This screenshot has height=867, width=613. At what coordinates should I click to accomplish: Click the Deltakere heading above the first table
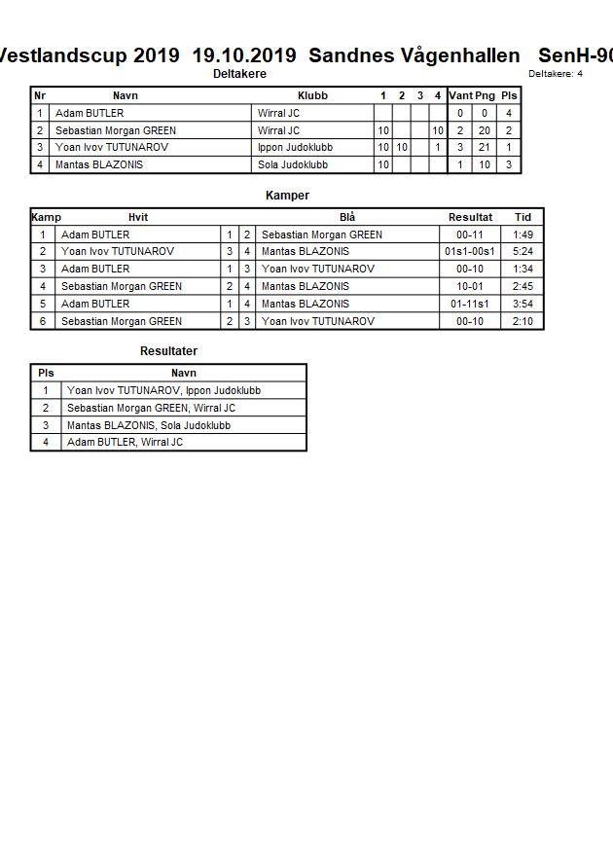pyautogui.click(x=239, y=74)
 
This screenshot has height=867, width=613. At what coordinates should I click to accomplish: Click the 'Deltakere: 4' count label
pyautogui.click(x=556, y=74)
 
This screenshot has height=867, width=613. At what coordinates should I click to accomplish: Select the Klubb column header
pyautogui.click(x=312, y=95)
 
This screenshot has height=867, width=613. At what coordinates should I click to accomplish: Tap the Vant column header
pyautogui.click(x=460, y=95)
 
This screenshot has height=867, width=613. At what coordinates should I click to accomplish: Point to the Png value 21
pyautogui.click(x=485, y=147)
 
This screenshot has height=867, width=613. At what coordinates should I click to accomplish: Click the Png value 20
pyautogui.click(x=485, y=130)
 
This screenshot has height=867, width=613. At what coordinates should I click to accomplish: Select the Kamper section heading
pyautogui.click(x=287, y=196)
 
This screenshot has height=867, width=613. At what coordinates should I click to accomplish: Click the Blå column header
pyautogui.click(x=347, y=217)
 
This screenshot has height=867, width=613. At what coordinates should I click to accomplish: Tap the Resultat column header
pyautogui.click(x=470, y=217)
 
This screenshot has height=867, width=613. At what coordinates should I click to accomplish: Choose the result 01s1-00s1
pyautogui.click(x=470, y=252)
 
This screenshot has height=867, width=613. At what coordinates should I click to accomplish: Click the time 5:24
pyautogui.click(x=523, y=252)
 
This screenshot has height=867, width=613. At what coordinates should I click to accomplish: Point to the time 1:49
pyautogui.click(x=523, y=235)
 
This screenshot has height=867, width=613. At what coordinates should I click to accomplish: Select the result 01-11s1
pyautogui.click(x=470, y=304)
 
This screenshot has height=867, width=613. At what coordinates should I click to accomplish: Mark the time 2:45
pyautogui.click(x=523, y=286)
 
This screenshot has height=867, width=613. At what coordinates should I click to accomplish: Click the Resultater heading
pyautogui.click(x=168, y=351)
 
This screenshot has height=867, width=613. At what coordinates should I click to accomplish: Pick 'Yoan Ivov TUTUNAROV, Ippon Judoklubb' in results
pyautogui.click(x=163, y=390)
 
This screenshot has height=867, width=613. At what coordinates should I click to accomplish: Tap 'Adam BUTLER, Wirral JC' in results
pyautogui.click(x=125, y=442)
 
